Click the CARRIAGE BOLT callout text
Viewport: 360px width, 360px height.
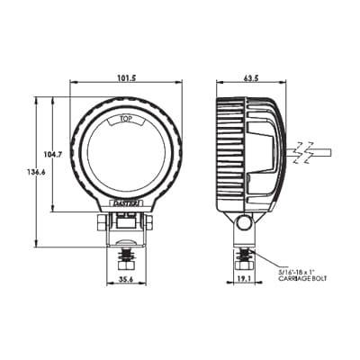pyautogui.click(x=301, y=275)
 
